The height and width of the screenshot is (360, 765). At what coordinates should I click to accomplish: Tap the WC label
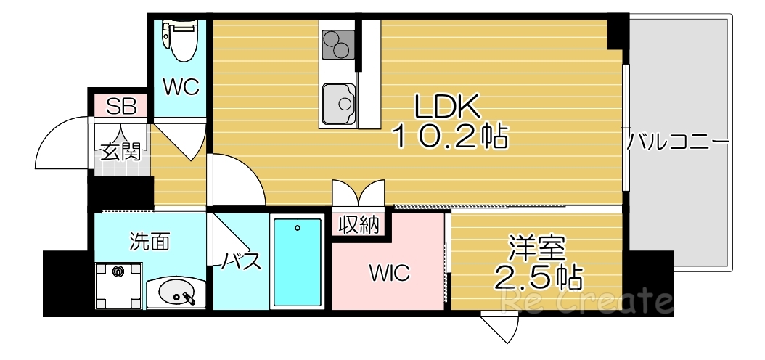coord(180,88)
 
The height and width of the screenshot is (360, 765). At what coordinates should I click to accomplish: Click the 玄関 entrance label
coord(120,152)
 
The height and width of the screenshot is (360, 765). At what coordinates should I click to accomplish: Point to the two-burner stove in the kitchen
coord(337,45)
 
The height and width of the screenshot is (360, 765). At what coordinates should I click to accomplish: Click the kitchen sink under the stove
coord(338,103)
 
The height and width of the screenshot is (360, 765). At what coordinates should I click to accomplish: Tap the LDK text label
coord(447,107)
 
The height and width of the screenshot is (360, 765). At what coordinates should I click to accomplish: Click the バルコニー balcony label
coord(679,139)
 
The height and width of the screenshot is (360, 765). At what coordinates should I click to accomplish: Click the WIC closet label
coord(390,274)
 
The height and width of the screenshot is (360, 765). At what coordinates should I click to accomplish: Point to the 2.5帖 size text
coord(539,276)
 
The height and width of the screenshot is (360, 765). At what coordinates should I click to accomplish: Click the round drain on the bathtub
coord(298,228)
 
